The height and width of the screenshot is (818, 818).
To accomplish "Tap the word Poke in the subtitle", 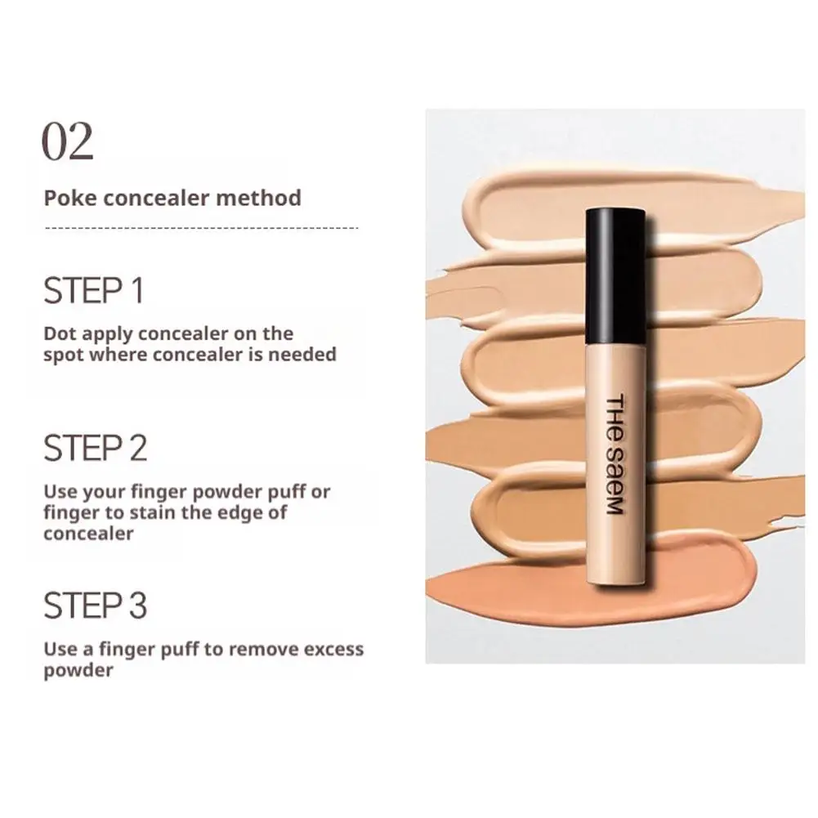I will [x=64, y=199].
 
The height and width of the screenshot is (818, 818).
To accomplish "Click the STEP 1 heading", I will [x=93, y=292].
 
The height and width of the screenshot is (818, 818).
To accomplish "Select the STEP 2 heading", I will [x=95, y=449].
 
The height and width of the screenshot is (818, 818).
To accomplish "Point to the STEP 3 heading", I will [x=95, y=606].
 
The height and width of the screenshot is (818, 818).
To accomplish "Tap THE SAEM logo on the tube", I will [x=615, y=454].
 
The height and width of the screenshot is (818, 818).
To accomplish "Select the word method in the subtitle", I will [x=265, y=199].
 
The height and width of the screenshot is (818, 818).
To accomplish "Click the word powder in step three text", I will [x=78, y=671].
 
